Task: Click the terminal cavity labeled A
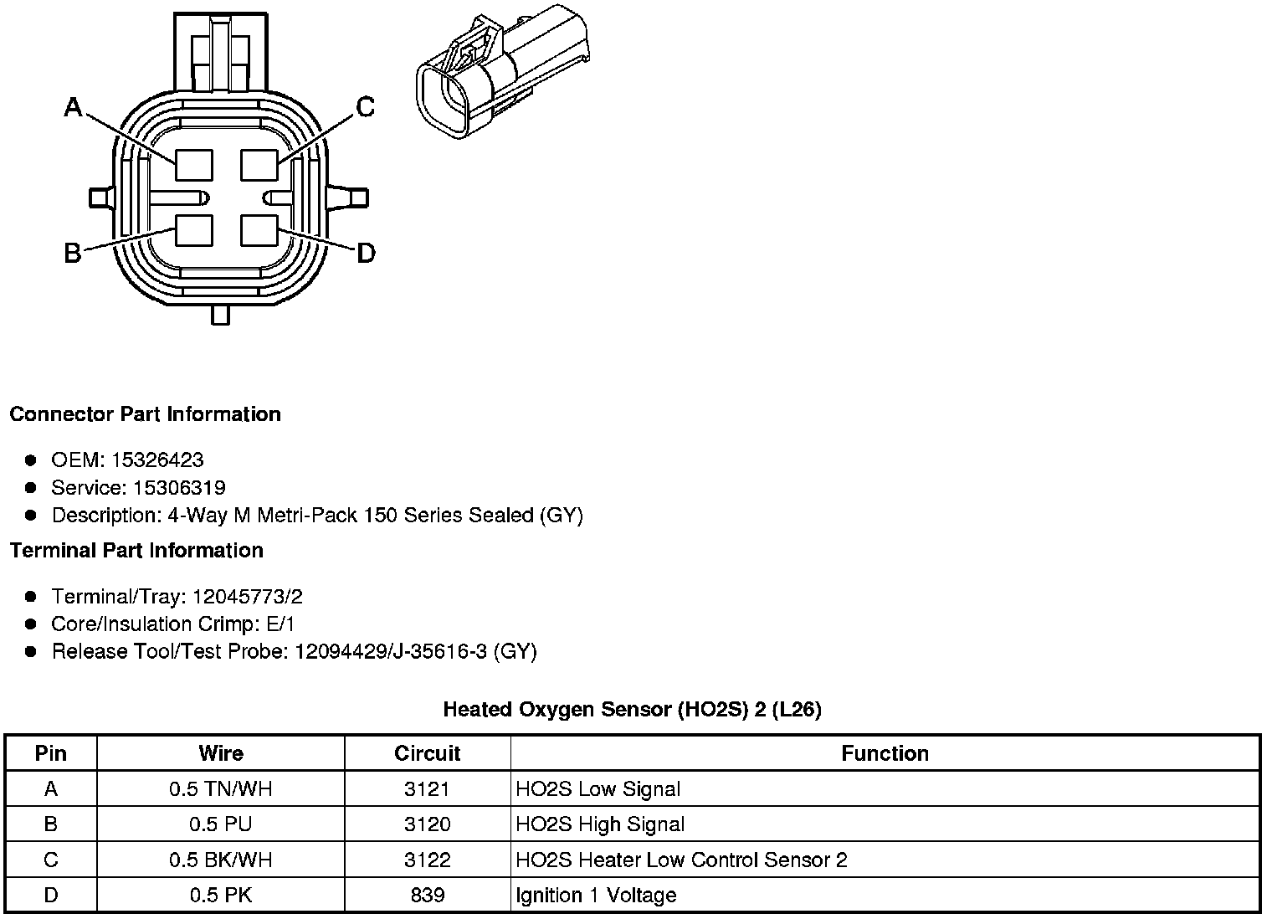point(193,163)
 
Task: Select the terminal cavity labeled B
point(193,230)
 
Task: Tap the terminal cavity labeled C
point(259,163)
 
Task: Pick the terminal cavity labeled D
point(259,230)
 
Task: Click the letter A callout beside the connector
point(74,107)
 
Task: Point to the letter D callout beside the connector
point(366,253)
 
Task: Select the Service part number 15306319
point(179,488)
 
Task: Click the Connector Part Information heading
point(145,414)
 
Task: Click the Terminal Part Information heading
point(136,551)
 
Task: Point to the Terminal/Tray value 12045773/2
point(247,597)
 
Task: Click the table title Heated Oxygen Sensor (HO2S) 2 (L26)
point(632,710)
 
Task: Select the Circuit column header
point(427,753)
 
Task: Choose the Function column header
point(885,753)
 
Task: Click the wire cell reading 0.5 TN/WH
point(221,788)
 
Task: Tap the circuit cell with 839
point(427,895)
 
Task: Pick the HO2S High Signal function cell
point(600,824)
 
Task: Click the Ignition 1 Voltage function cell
point(596,895)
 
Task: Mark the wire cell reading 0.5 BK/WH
point(221,860)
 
